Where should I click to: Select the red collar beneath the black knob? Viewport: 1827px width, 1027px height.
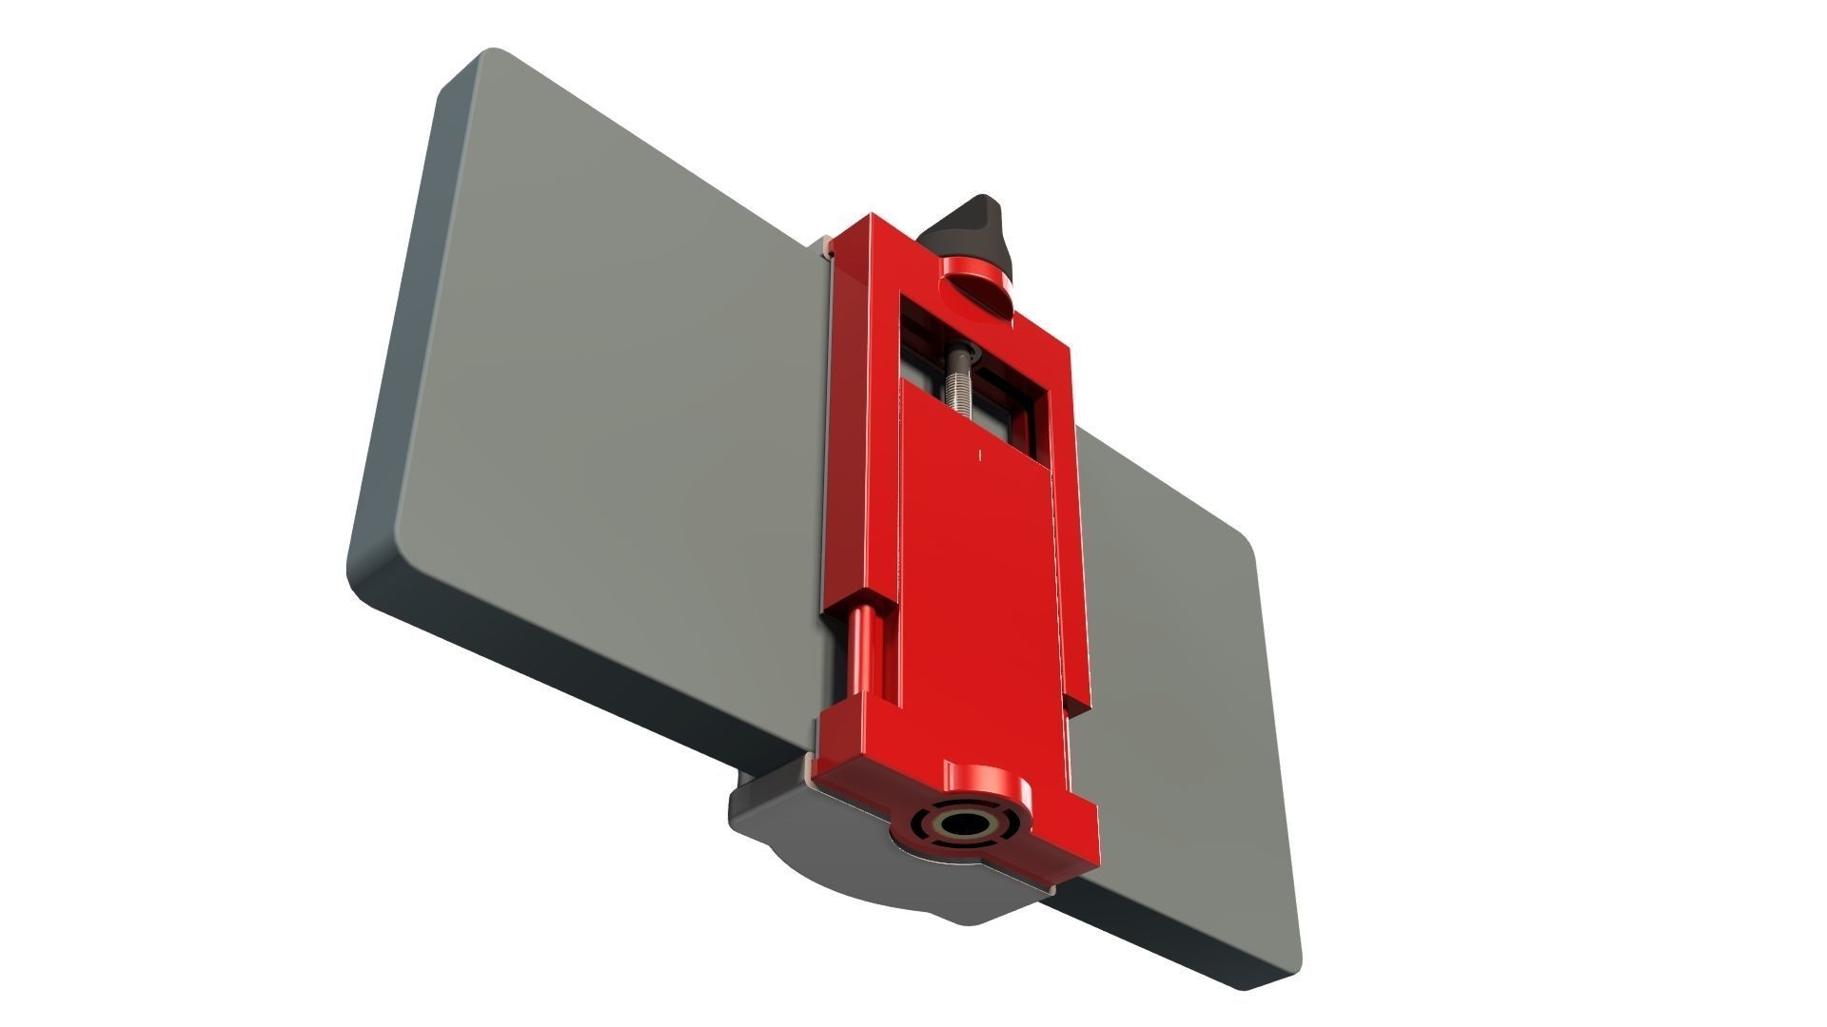pos(975,285)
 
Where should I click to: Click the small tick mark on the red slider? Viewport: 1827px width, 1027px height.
pos(981,455)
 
